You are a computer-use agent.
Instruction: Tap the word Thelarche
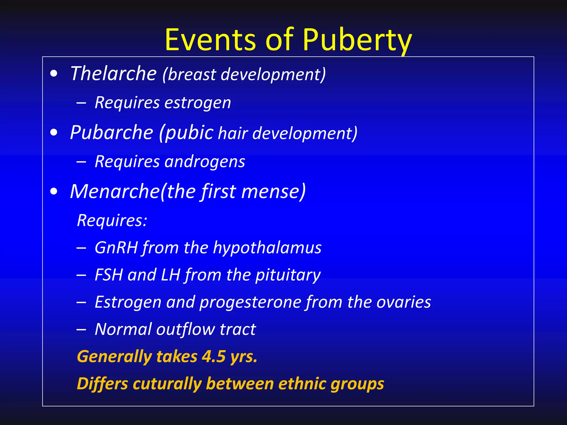[x=113, y=74]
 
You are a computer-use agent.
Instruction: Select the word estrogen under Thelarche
[x=198, y=103]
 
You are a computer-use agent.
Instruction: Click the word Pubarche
[x=112, y=133]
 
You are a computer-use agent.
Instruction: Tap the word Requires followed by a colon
[x=112, y=221]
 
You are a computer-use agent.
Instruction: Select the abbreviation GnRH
[x=116, y=247]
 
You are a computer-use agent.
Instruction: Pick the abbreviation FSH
[x=109, y=275]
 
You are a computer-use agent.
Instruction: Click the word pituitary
[x=288, y=275]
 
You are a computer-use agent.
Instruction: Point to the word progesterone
[x=250, y=302]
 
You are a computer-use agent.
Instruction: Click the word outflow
[x=185, y=329]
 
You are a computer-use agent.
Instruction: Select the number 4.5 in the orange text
[x=213, y=356]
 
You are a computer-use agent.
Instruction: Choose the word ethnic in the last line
[x=302, y=384]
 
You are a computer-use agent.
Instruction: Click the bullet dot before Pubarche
[x=54, y=133]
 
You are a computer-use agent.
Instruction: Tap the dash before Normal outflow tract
[x=81, y=330]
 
